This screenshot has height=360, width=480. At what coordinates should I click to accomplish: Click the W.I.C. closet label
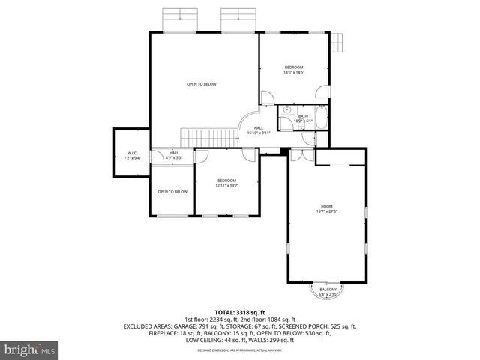[x=132, y=155]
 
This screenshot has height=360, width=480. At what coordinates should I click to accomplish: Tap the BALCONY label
[x=328, y=292]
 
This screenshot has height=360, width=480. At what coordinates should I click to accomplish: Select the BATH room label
[x=303, y=118]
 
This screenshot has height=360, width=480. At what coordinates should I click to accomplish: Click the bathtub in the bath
[x=321, y=118]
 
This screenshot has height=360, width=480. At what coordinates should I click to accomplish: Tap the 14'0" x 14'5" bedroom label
[x=293, y=70]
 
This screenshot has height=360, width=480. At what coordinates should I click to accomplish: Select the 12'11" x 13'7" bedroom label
[x=226, y=183]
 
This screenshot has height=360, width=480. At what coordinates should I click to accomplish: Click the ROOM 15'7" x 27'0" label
[x=326, y=208]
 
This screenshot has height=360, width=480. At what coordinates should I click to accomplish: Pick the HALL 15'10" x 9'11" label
[x=258, y=130]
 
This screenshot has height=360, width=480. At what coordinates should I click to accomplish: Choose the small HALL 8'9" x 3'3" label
[x=173, y=154]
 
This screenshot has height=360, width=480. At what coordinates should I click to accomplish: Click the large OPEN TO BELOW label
[x=202, y=84]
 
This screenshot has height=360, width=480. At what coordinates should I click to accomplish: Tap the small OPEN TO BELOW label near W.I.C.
[x=172, y=192]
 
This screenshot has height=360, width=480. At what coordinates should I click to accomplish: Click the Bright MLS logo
[x=30, y=349]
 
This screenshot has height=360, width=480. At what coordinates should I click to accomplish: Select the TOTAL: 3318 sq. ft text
[x=239, y=312]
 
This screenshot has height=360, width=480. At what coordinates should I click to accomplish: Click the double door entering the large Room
[x=301, y=155]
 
